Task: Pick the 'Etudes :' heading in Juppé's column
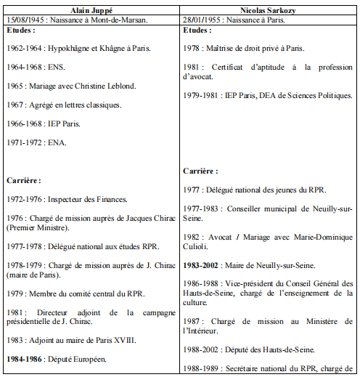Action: [22, 33]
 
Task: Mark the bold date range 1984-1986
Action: [24, 358]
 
